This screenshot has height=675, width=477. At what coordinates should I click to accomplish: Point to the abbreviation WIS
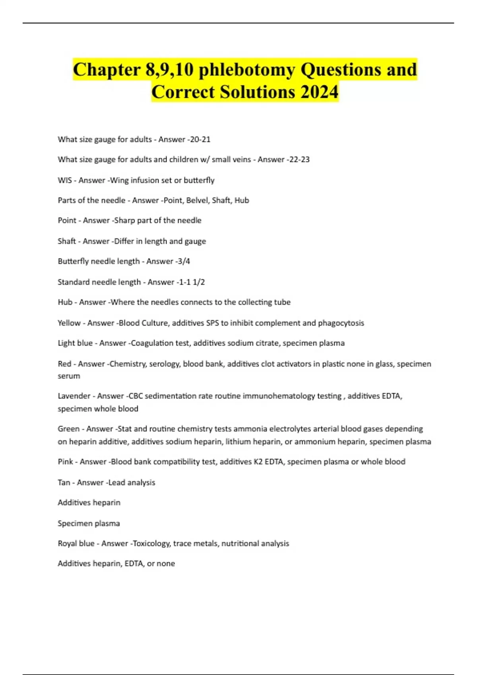pyautogui.click(x=65, y=180)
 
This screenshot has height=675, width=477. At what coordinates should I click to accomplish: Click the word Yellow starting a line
pyautogui.click(x=69, y=323)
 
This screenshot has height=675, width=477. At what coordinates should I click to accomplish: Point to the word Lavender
pyautogui.click(x=74, y=396)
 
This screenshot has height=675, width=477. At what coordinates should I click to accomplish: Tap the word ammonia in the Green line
pyautogui.click(x=250, y=429)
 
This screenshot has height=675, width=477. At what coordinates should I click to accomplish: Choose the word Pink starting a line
pyautogui.click(x=66, y=461)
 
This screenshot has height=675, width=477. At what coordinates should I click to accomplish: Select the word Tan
pyautogui.click(x=64, y=482)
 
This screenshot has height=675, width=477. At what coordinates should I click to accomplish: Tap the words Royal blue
pyautogui.click(x=76, y=543)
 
